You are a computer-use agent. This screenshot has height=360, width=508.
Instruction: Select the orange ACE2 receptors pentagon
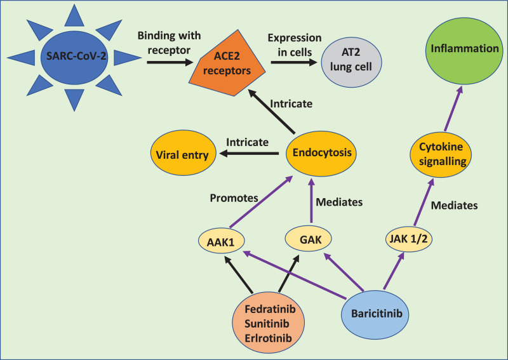pos(227,64)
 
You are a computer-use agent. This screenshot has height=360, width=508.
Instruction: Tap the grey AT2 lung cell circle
pos(351,62)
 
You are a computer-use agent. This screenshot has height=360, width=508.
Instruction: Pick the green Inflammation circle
pos(464,51)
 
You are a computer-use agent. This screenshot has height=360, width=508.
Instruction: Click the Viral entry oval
pos(184,153)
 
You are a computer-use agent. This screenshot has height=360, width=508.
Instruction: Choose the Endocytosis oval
pos(321,154)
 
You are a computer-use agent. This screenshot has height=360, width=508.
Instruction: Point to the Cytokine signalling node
pos(441,154)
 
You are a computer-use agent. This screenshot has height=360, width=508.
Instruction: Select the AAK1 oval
pos(221,241)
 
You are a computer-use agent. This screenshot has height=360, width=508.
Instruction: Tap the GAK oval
pos(309,239)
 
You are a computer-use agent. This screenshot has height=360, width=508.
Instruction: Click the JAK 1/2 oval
pos(408,239)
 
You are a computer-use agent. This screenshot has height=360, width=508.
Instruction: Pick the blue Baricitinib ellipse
pos(375,314)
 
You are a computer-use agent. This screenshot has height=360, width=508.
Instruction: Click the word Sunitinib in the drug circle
pos(267,323)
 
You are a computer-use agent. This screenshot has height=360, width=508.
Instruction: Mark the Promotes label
pos(234,198)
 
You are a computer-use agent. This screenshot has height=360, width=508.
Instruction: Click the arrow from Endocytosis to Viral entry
pos(249,153)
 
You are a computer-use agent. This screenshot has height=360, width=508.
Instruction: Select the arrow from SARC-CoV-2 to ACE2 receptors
pos(170,62)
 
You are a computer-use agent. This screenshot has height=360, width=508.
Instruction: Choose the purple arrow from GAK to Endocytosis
pos(311,200)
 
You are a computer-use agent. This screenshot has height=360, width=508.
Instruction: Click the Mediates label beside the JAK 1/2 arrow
pos(454,206)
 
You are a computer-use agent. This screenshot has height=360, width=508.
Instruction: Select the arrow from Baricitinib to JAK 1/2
pos(394,270)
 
